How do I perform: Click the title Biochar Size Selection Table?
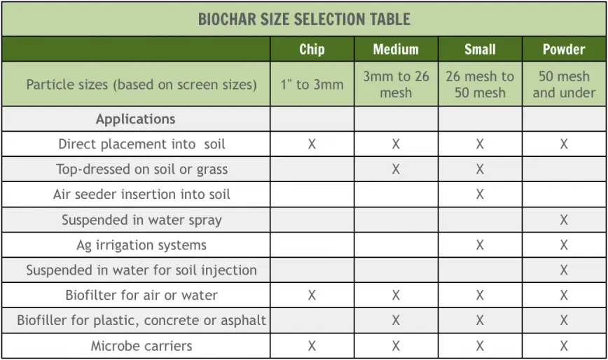tap(304, 20)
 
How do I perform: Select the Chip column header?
tap(312, 49)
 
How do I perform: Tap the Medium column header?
tap(396, 49)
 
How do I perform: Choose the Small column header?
tap(480, 49)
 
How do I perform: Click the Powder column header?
tap(564, 49)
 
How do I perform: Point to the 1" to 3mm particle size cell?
tap(312, 84)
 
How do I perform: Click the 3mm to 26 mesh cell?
tap(396, 84)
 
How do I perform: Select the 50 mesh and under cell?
tap(564, 84)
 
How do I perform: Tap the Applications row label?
tap(136, 119)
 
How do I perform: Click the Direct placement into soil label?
tap(141, 144)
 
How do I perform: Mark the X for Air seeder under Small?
tap(480, 194)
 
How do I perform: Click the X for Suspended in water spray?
tap(564, 220)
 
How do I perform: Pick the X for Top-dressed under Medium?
tap(396, 169)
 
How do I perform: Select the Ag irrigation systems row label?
tap(141, 245)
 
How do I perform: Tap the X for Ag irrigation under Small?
tap(480, 245)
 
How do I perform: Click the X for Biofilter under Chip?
tap(312, 296)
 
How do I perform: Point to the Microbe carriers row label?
tap(141, 346)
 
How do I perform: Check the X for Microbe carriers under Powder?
tap(564, 346)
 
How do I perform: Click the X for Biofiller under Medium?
tap(396, 321)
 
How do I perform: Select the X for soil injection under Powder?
tap(564, 270)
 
